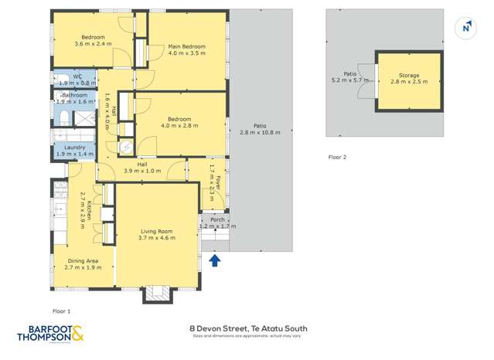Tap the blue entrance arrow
[215, 261]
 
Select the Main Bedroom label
[186, 47]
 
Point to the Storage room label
[404, 76]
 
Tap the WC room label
[77, 76]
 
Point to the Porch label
[218, 219]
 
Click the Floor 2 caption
[337, 157]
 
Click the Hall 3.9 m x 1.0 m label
[142, 168]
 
